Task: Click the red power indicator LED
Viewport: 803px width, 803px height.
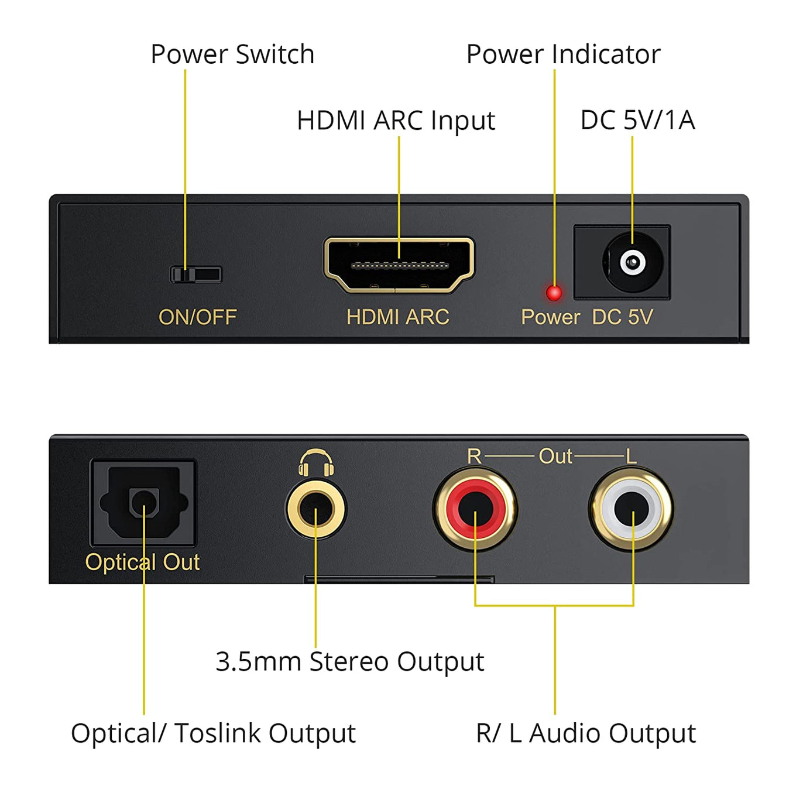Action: pos(554,292)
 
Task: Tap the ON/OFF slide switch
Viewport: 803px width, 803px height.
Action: pos(195,274)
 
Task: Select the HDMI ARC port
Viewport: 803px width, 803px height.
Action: pos(399,265)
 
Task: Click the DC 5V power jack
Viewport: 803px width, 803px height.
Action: pos(632,263)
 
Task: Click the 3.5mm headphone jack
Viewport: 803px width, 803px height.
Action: pos(316,508)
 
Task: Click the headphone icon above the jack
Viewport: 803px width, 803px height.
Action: pos(316,462)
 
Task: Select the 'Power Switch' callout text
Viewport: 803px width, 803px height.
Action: pos(232,54)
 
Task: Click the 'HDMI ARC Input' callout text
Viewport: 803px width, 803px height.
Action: pos(396,121)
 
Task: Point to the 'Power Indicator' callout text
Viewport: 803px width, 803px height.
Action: pos(563,54)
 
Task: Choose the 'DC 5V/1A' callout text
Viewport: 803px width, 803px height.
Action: pos(637,120)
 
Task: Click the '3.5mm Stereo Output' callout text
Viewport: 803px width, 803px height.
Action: pos(349,662)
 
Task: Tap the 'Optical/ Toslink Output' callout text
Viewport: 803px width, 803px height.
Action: pos(213,733)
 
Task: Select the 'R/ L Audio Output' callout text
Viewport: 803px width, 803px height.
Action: pos(586,733)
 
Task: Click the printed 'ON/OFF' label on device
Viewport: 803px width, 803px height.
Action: pos(197,317)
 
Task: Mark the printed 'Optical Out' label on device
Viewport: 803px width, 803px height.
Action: pos(142,562)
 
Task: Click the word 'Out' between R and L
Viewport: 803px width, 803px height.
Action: pos(555,456)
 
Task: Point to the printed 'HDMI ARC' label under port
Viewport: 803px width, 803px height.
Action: pos(397,317)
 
